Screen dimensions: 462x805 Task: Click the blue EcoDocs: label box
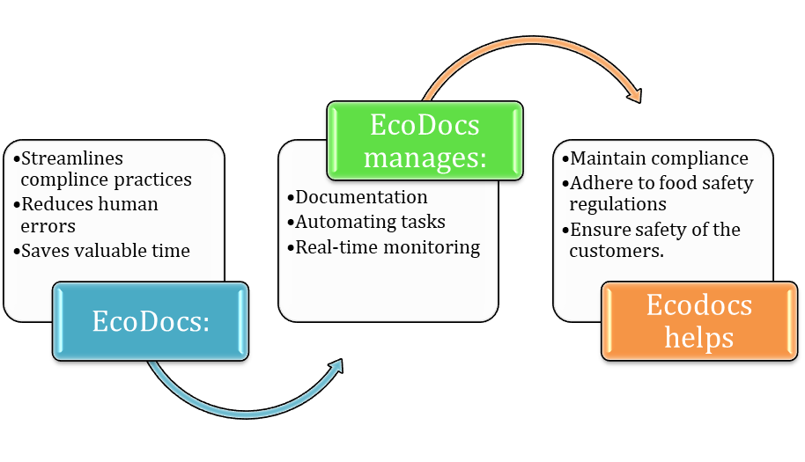(x=151, y=321)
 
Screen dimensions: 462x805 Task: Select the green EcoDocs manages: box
(x=425, y=141)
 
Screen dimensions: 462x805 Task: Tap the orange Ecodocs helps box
(x=698, y=321)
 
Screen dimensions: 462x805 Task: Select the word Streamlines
(x=72, y=158)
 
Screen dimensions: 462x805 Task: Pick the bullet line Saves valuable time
(x=105, y=251)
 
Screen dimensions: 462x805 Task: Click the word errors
(x=48, y=226)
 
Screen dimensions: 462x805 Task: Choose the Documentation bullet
(x=361, y=197)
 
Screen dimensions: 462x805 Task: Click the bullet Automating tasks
(x=370, y=222)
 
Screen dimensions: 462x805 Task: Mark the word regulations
(x=617, y=204)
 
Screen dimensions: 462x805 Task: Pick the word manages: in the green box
(x=425, y=158)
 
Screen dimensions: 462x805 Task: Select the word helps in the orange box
(x=698, y=338)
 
